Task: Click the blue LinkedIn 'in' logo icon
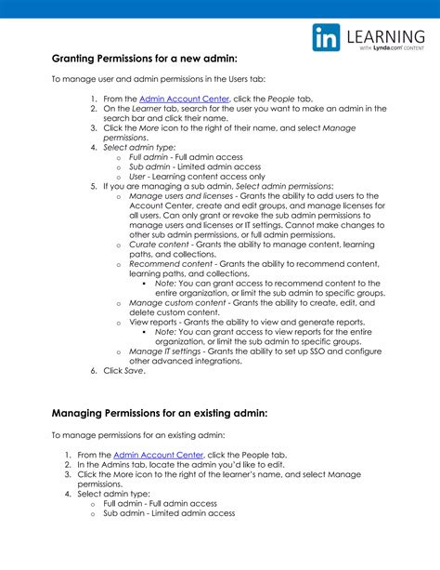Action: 326,39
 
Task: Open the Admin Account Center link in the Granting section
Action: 172,98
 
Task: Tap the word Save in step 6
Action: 135,371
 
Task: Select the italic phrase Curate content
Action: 161,245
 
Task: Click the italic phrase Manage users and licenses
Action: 181,196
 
